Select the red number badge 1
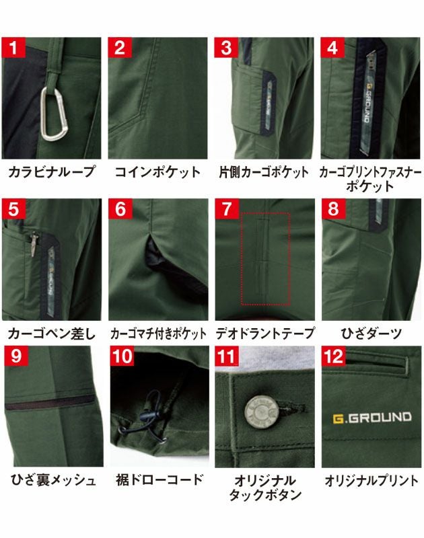coord(15,49)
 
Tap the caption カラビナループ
coord(52,172)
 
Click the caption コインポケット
coord(157,172)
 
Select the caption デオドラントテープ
coord(264,333)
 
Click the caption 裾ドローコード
coord(158,480)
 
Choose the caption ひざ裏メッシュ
coord(52,480)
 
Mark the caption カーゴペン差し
coord(51,333)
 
